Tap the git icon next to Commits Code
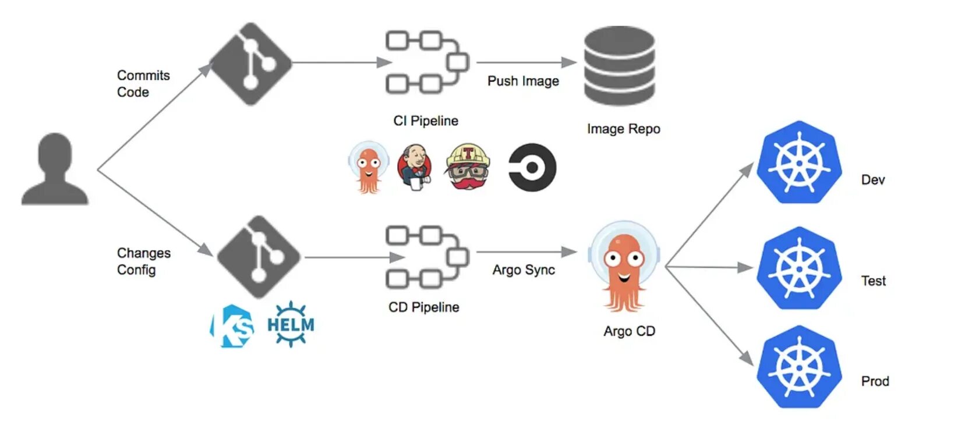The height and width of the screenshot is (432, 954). pos(250,63)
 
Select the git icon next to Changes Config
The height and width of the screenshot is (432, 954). pos(259,257)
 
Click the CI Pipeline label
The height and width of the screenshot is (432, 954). pos(425,121)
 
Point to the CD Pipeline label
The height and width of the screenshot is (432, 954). pos(423,307)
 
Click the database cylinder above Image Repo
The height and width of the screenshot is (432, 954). pos(619,66)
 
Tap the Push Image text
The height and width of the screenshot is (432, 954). pos(522,81)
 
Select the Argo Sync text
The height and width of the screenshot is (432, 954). pos(523,270)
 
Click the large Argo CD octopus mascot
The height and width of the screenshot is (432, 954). pos(624,267)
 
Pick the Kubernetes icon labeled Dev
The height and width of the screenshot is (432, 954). pos(799,162)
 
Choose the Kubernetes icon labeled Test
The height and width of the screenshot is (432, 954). pos(799,268)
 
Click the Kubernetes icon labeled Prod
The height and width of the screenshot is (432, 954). pos(799,367)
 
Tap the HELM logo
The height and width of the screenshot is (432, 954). pos(290,324)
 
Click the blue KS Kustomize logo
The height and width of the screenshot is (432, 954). pos(232,326)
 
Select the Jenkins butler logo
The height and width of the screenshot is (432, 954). pos(415,167)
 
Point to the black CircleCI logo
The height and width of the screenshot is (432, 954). pos(532,168)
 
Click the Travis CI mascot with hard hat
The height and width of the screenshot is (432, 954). pos(467,167)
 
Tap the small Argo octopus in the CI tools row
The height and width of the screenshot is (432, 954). pos(368,167)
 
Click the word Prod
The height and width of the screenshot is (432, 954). pos(874,381)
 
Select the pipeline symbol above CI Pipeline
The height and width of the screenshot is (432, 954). pos(427,62)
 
